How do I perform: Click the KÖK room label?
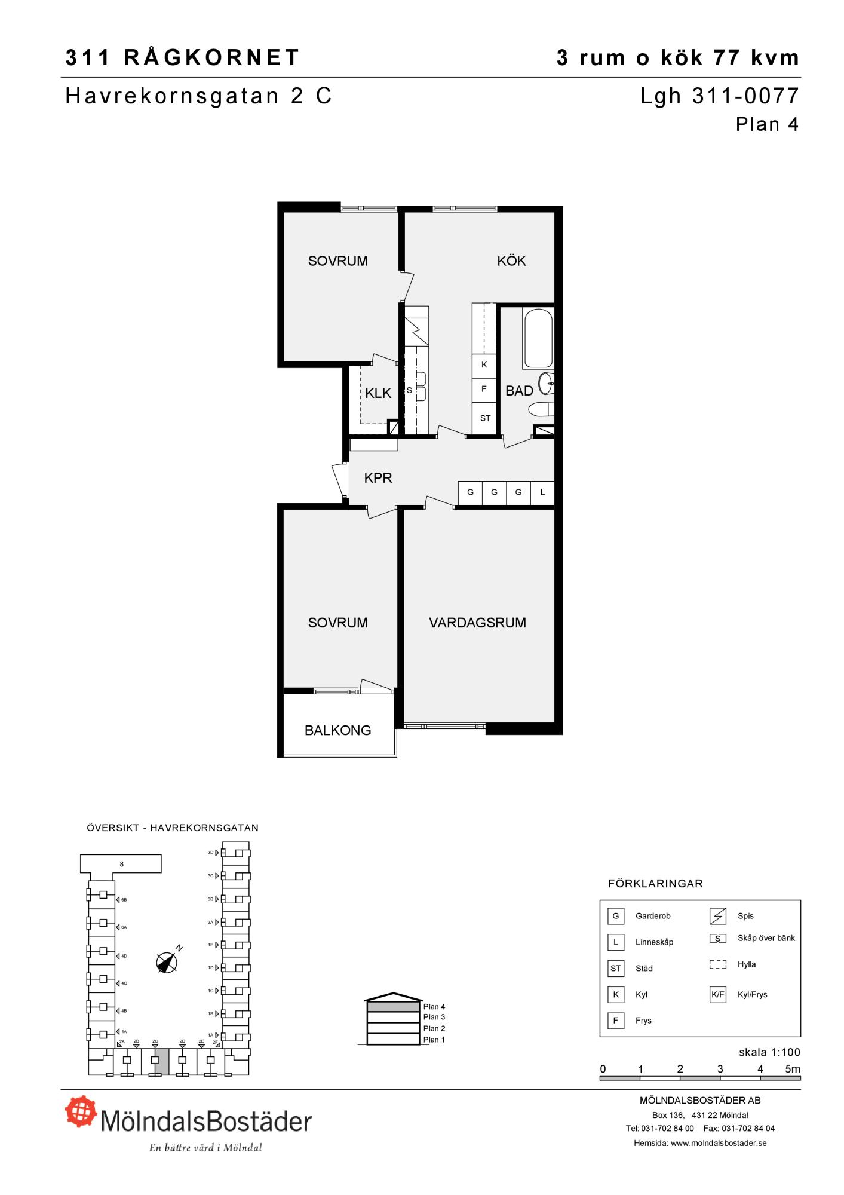(x=511, y=261)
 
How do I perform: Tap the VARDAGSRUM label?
(x=477, y=623)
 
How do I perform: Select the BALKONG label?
(x=338, y=730)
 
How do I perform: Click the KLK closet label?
(x=378, y=393)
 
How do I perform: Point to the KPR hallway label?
(x=378, y=478)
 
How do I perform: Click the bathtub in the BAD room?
(x=538, y=338)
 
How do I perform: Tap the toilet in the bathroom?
(x=542, y=409)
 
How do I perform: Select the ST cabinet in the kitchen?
(x=484, y=418)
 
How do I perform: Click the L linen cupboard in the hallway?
(x=542, y=493)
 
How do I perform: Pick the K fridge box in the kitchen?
(x=484, y=365)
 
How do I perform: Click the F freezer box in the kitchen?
(x=484, y=389)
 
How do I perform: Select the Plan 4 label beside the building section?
(x=434, y=1007)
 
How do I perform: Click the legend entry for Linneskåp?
(x=654, y=942)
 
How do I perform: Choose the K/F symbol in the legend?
(x=717, y=995)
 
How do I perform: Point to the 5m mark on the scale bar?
(x=793, y=1069)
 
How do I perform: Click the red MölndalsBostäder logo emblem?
(x=81, y=1112)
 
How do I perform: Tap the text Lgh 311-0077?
(x=720, y=96)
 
